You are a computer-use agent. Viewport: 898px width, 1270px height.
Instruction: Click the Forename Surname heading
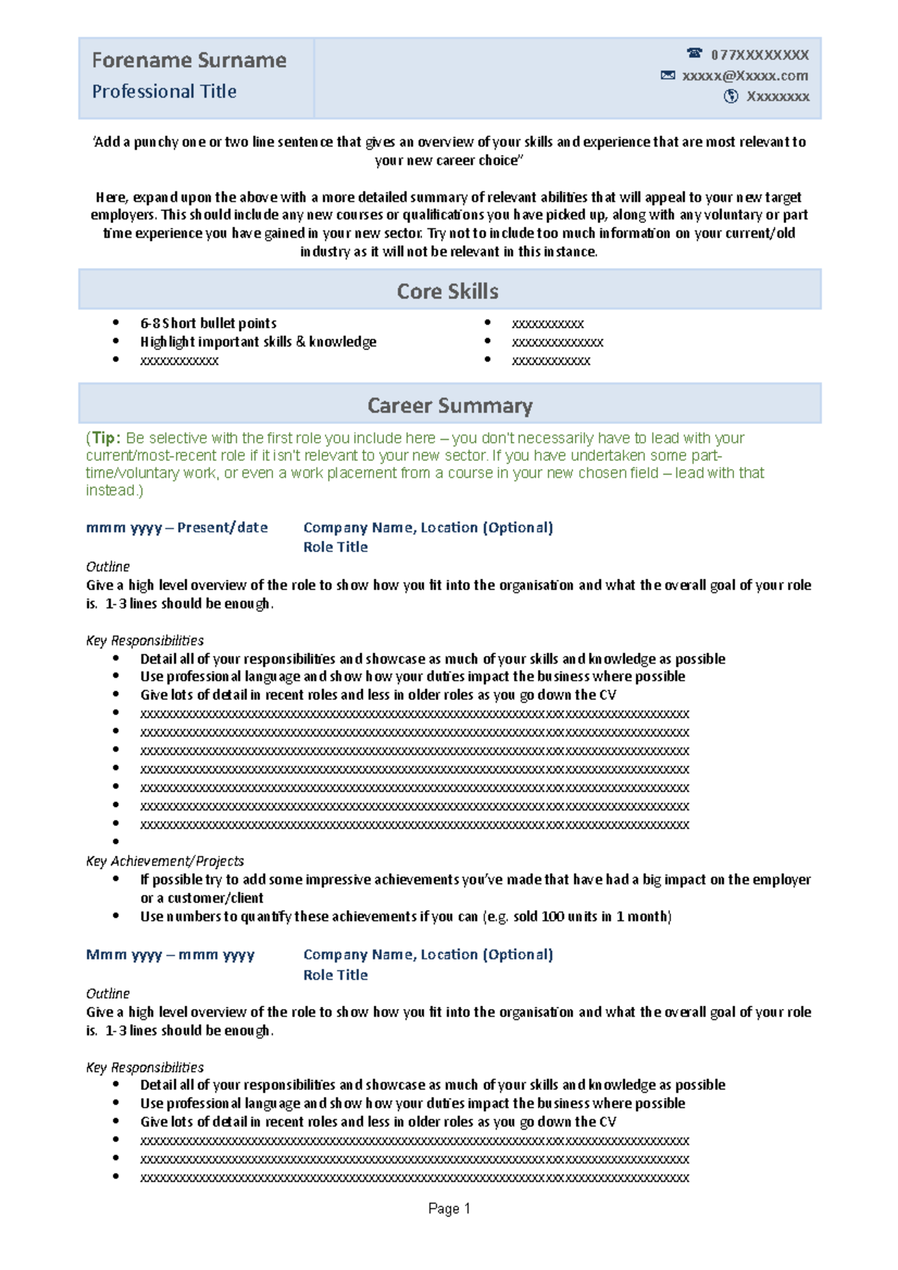click(x=189, y=60)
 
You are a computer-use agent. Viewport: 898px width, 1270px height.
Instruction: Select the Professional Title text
click(x=164, y=91)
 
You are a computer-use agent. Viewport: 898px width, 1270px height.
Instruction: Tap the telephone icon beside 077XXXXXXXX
click(x=694, y=53)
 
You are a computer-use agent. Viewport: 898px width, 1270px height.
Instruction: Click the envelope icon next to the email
click(x=668, y=75)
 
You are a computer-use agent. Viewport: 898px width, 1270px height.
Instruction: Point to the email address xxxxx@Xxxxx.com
click(x=745, y=76)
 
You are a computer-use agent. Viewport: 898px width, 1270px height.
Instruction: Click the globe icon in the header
click(x=731, y=96)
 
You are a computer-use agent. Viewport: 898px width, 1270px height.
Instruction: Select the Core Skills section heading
click(x=448, y=291)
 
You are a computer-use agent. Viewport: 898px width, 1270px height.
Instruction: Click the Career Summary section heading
click(x=450, y=405)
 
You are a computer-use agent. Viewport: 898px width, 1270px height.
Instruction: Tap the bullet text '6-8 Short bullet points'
click(x=208, y=323)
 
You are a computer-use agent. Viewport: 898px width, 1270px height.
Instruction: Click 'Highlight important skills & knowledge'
click(x=258, y=342)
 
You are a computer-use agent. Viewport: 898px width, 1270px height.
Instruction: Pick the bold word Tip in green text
click(x=104, y=438)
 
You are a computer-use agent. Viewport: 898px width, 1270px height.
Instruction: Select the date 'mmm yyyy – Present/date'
click(x=177, y=527)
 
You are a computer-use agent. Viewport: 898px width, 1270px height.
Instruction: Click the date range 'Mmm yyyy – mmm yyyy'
click(x=170, y=954)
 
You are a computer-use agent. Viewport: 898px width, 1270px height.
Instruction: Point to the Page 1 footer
click(x=449, y=1209)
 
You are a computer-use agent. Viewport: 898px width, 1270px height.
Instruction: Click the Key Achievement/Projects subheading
click(x=165, y=861)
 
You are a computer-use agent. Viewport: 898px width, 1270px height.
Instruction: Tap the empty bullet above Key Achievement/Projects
click(x=116, y=841)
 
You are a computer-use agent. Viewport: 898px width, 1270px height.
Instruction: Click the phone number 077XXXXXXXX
click(x=760, y=55)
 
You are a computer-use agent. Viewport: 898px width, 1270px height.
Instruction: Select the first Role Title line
click(x=335, y=547)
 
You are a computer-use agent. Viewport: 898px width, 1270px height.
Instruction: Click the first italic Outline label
click(x=108, y=566)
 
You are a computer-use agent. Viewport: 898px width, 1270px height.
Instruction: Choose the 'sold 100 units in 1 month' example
click(x=591, y=916)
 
